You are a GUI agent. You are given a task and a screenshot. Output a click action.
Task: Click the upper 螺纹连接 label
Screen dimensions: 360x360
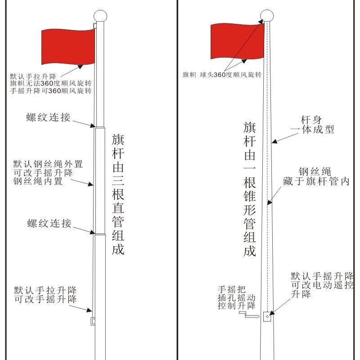48,117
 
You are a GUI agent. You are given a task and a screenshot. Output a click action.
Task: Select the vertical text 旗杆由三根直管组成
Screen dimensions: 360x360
118,194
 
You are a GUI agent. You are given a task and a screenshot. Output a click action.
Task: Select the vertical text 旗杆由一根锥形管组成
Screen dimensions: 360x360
250,189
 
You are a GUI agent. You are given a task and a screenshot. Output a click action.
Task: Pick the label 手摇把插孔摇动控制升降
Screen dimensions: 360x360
236,297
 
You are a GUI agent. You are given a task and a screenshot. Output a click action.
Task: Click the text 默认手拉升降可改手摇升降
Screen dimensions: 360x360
45,294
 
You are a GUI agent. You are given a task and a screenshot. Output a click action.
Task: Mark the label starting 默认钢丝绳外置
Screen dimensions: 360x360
48,173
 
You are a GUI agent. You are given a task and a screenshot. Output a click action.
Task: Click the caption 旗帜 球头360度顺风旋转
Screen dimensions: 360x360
222,75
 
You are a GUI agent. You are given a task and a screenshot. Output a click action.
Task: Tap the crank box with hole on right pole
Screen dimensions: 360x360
267,316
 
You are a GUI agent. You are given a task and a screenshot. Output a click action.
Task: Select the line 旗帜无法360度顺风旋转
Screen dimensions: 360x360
51,83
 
